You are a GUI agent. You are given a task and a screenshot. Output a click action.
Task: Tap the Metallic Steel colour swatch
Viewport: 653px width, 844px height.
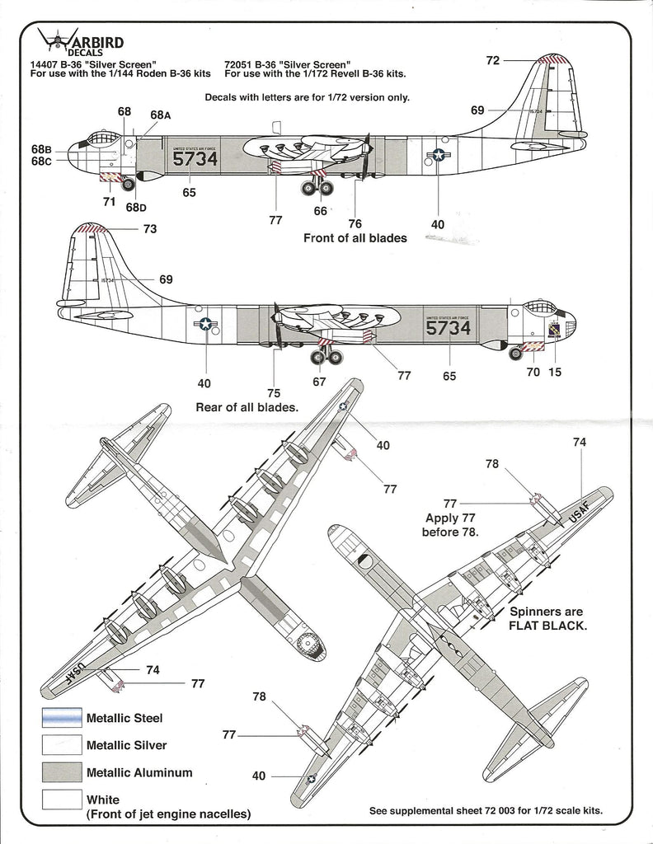point(61,718)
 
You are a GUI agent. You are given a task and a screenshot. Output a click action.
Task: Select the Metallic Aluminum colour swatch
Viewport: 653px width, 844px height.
point(61,772)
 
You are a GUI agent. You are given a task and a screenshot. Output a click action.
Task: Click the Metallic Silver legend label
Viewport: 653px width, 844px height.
point(126,745)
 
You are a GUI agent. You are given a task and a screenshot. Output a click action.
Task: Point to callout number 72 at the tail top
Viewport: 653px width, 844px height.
point(493,60)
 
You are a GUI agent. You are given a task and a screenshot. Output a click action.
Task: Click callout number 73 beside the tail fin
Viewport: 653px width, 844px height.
point(149,229)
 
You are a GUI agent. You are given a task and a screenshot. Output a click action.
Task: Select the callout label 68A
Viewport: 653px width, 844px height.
point(160,115)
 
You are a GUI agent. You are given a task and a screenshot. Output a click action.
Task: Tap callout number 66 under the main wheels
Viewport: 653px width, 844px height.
point(320,211)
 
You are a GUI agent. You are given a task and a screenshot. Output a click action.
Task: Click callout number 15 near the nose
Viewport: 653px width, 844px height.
point(555,372)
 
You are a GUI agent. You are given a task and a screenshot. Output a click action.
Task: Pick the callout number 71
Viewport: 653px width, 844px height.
point(108,200)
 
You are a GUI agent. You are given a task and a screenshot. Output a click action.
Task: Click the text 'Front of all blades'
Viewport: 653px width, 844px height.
point(355,238)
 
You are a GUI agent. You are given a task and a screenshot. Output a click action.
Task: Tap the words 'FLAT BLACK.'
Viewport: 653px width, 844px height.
point(547,625)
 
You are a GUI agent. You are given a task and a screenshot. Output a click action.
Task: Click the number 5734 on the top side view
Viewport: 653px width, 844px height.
point(195,159)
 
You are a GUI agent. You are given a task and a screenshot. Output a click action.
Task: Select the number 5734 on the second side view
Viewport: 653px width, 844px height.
point(449,328)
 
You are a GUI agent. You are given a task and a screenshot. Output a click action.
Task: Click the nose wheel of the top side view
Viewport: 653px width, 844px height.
point(128,184)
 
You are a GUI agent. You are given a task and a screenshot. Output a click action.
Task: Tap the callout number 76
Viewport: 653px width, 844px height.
point(355,223)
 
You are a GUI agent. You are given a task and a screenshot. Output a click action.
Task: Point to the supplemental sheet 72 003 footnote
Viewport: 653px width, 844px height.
point(486,810)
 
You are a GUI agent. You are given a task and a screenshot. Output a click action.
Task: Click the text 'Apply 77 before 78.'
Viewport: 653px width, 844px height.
point(452,525)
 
